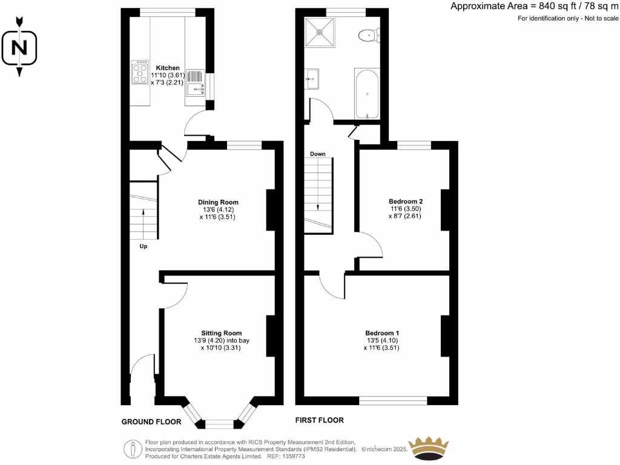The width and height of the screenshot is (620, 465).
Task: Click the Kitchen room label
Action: [x=167, y=68]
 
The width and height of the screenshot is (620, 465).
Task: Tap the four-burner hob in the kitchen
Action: [x=140, y=71]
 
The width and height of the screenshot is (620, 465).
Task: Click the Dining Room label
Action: [x=218, y=202]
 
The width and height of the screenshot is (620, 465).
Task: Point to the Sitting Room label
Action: [x=222, y=333]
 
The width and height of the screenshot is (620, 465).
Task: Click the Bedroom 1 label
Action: [x=381, y=333]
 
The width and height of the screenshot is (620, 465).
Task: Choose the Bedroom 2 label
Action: [x=405, y=201]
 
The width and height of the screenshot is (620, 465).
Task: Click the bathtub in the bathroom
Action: [x=367, y=94]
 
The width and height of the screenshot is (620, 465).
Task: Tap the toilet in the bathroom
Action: [x=368, y=36]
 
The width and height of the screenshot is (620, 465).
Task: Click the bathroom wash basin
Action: [x=312, y=79]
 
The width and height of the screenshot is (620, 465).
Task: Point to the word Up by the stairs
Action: [x=143, y=246]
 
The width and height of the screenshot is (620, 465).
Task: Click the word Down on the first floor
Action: [x=318, y=154]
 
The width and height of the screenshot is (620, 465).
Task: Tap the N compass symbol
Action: [x=19, y=47]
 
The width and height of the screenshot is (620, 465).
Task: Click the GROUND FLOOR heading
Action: [x=151, y=421]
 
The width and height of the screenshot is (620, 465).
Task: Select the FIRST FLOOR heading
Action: [x=319, y=420]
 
